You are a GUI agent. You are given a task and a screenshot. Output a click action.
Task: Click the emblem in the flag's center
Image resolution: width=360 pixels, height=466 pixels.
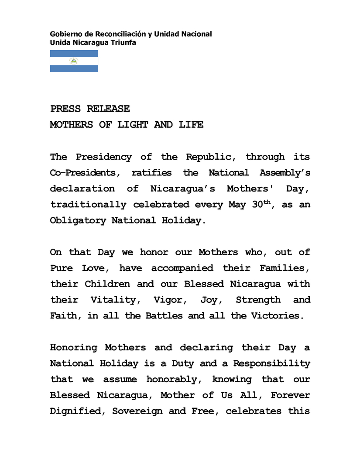tap(74, 61)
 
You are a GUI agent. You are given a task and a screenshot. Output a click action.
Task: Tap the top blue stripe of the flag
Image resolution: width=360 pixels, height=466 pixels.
tap(74, 53)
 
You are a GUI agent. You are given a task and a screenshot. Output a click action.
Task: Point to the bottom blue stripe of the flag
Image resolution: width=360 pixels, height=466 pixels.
tap(74, 69)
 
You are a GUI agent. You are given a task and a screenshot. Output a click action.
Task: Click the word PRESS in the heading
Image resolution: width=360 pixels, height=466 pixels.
tap(65, 109)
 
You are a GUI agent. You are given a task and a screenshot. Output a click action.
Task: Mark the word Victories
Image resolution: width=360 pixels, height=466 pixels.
tap(277, 316)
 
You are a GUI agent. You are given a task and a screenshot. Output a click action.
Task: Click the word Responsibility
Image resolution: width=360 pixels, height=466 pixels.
tap(271, 363)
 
